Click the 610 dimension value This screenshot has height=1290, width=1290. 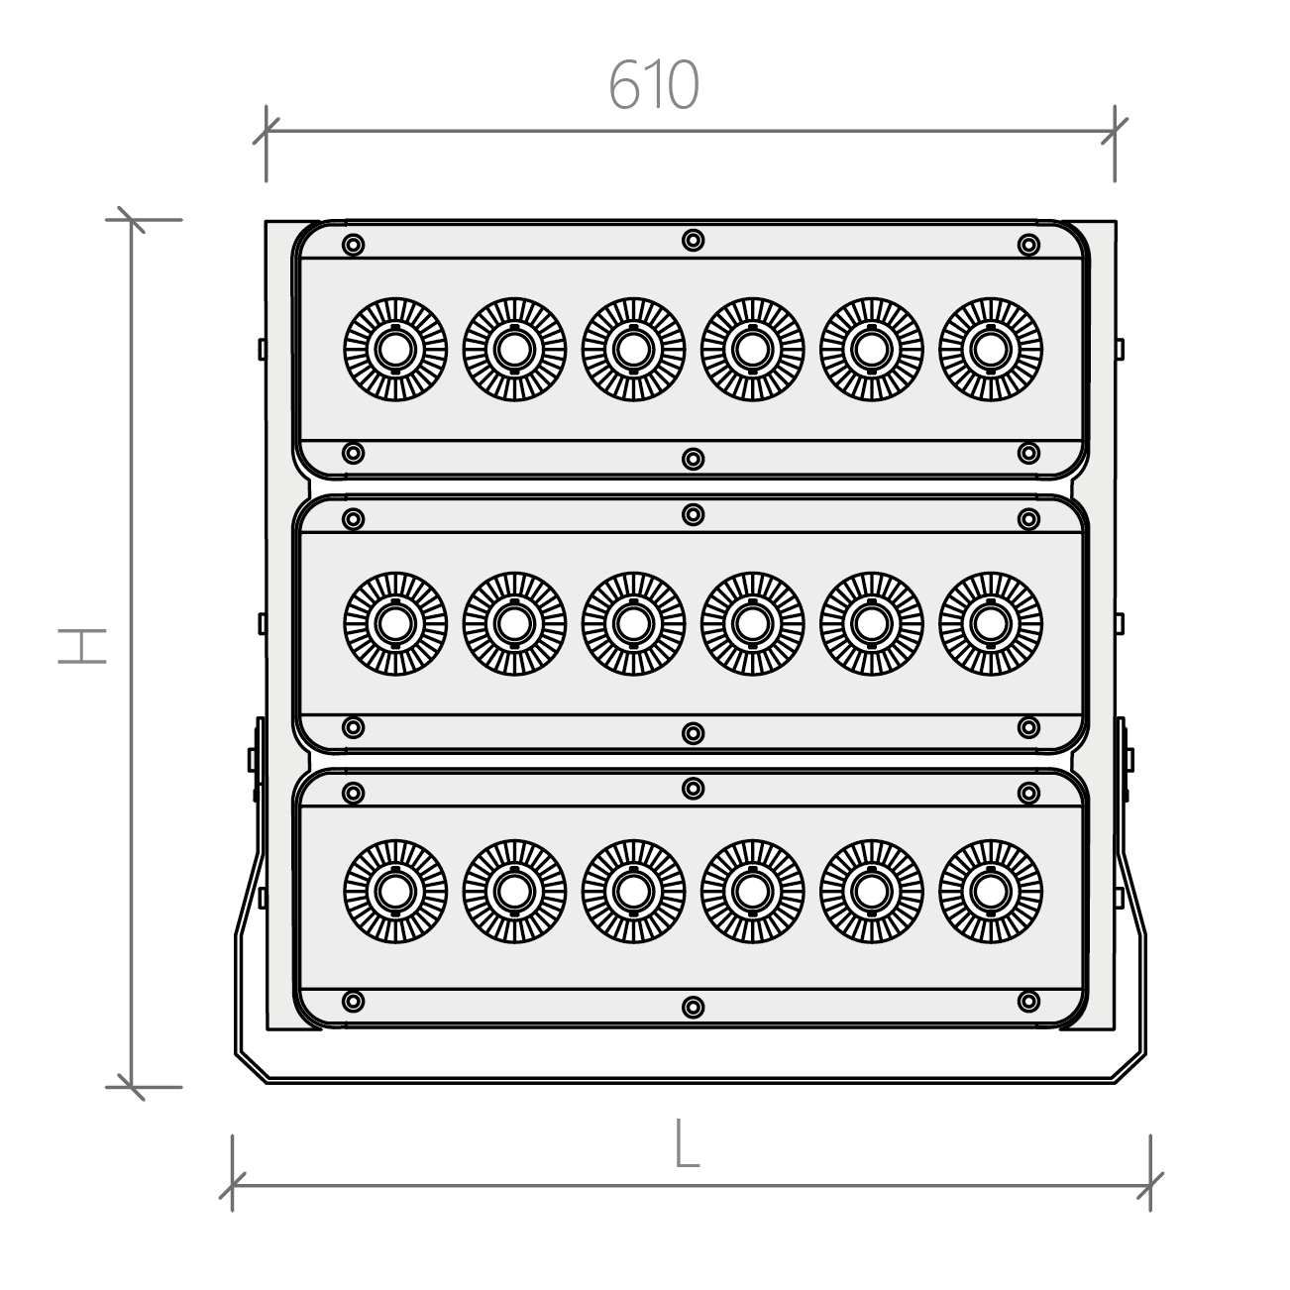click(x=654, y=85)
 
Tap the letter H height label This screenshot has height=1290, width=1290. click(x=82, y=646)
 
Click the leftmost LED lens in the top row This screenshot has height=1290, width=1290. click(x=395, y=350)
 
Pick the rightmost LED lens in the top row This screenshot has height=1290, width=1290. click(x=990, y=350)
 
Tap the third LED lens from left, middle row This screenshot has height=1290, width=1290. click(x=633, y=624)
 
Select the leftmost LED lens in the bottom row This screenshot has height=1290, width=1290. click(x=395, y=892)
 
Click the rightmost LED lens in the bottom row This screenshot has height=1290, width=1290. click(x=990, y=892)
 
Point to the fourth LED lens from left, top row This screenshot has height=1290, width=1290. click(x=752, y=350)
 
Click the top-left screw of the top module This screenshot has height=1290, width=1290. click(x=353, y=245)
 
